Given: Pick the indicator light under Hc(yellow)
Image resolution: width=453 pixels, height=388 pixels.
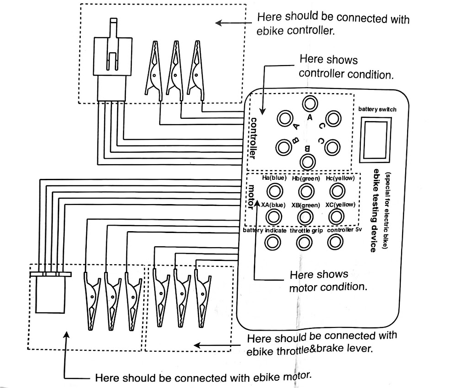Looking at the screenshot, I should coord(337,190).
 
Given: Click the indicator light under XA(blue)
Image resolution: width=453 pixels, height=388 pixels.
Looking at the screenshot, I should coord(274,216).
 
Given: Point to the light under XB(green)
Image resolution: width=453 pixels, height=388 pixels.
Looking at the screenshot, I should coord(305,216).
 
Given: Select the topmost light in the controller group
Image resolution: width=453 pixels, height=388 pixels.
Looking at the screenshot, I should coord(310,103).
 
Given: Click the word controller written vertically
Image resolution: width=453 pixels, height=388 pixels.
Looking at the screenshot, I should coord(252,138).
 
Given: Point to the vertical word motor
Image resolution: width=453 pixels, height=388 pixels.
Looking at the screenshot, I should coord(252,195).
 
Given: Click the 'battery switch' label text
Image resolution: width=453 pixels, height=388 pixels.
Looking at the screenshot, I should coord(377,109).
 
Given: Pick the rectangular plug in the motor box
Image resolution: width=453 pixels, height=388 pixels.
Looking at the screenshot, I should coord(50,294).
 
